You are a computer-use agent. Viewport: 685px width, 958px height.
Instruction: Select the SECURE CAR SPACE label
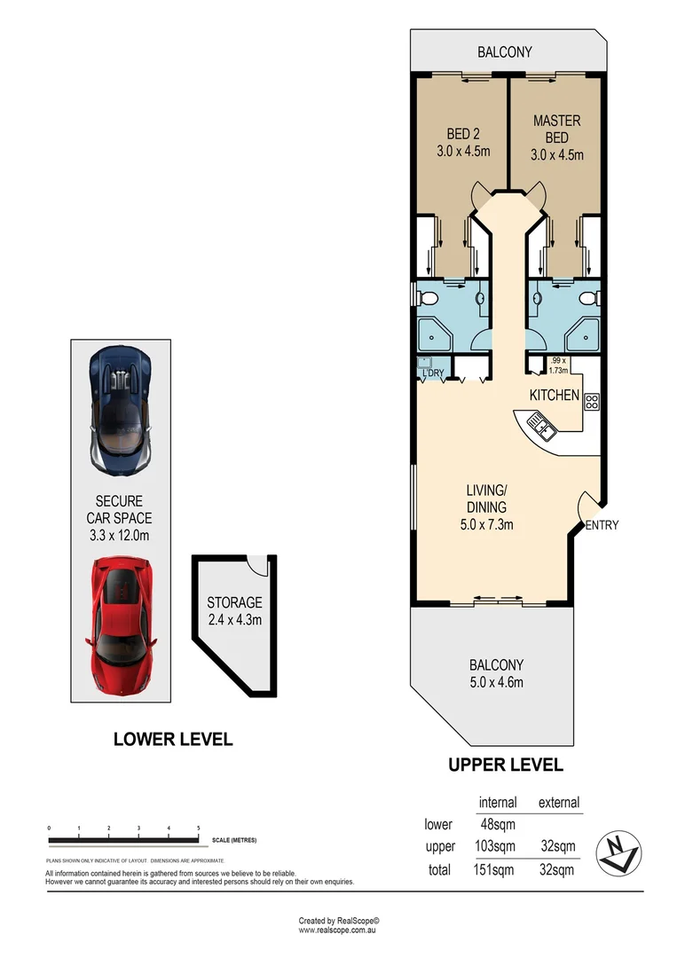pyautogui.click(x=119, y=509)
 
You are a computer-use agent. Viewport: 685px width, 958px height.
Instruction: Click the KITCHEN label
pyautogui.click(x=555, y=395)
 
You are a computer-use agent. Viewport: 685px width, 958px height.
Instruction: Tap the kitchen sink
pyautogui.click(x=541, y=427)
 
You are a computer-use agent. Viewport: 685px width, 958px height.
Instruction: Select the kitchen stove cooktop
pyautogui.click(x=592, y=401)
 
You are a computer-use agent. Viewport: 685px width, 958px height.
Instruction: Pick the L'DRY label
pyautogui.click(x=432, y=373)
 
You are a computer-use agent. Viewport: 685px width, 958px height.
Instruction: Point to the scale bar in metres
pyautogui.click(x=123, y=839)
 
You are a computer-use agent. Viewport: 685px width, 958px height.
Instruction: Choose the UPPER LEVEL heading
pyautogui.click(x=505, y=765)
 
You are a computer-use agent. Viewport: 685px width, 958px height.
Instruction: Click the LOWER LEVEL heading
pyautogui.click(x=173, y=739)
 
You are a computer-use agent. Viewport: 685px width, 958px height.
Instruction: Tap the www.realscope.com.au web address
pyautogui.click(x=340, y=931)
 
